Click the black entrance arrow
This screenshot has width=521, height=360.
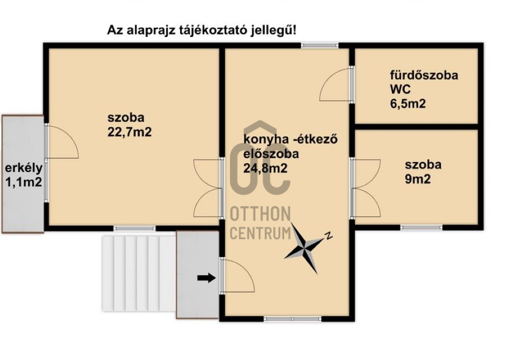206,278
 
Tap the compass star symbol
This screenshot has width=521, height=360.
304,247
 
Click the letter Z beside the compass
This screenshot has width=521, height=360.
328,235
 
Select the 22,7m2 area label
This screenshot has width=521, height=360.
129,132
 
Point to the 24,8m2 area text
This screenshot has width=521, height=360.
265,168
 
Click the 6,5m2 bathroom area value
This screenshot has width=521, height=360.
408,104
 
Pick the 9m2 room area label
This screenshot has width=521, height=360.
417,179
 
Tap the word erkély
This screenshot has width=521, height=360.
24,168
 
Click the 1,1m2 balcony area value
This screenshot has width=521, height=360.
24,182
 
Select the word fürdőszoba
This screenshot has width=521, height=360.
424,75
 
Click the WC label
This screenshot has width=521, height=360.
400,89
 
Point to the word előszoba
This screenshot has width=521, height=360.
271,154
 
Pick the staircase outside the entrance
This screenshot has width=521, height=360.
139,273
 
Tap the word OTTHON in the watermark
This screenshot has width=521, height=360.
260,214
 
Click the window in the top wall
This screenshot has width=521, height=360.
320,46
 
